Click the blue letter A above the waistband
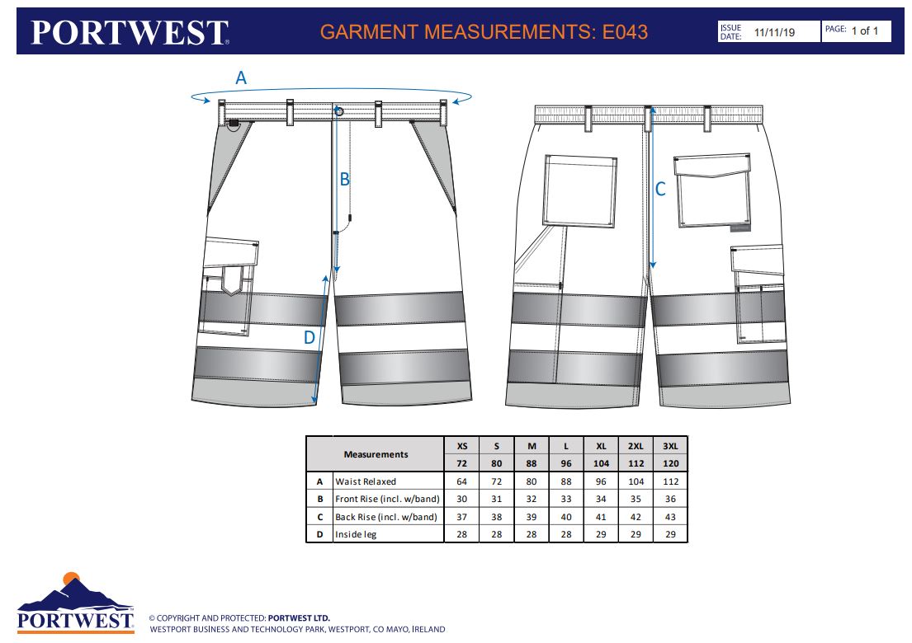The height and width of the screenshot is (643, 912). coord(241,77)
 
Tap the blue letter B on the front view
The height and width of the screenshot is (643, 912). coord(344,179)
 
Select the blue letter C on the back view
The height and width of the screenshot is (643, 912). coord(660,189)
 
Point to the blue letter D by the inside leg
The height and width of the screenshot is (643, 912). coord(309,337)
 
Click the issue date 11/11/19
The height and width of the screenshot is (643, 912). coord(774,32)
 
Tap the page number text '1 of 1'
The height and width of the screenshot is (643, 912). coord(865,31)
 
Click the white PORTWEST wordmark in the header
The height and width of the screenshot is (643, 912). coord(130,32)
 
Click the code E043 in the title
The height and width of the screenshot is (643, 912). coord(626,31)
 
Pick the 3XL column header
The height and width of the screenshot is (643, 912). coord(671,446)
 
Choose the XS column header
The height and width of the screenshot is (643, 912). coord(462,446)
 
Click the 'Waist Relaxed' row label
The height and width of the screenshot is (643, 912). coord(366,481)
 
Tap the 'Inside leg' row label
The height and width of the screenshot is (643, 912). coord(356,534)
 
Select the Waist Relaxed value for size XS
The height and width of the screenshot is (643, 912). coord(462,481)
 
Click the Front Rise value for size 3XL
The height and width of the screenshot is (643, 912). coord(671,499)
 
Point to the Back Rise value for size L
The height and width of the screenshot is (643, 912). coord(566,517)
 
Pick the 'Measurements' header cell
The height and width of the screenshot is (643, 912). coord(376,454)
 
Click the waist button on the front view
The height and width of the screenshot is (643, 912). coord(340,111)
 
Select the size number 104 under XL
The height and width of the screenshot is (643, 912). coord(601,463)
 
